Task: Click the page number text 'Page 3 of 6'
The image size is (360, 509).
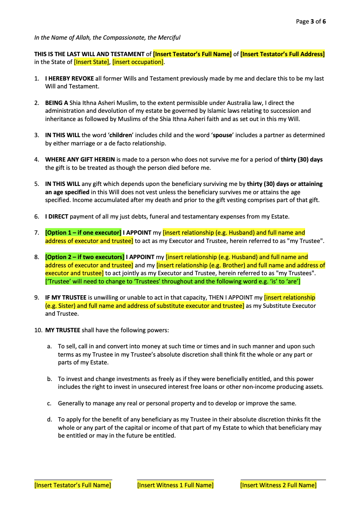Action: pos(311,21)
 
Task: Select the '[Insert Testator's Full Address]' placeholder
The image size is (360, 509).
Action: pos(282,54)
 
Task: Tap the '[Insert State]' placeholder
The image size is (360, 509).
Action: pos(92,62)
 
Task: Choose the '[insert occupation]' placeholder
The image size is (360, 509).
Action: pos(138,62)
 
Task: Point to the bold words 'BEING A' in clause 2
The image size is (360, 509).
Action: pos(57,103)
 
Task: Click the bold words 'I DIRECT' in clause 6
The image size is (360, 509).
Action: pos(57,216)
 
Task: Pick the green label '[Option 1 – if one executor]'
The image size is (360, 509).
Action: pos(83,233)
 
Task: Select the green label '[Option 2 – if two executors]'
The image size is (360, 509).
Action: pos(85,257)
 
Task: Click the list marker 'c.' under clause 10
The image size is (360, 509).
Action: pos(49,403)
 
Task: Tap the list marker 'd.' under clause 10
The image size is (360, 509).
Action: pos(50,420)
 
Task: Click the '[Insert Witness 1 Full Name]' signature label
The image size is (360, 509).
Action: pos(175,485)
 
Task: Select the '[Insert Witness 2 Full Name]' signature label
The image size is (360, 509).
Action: pos(278,485)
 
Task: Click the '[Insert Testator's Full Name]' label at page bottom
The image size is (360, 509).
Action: pos(73,485)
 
